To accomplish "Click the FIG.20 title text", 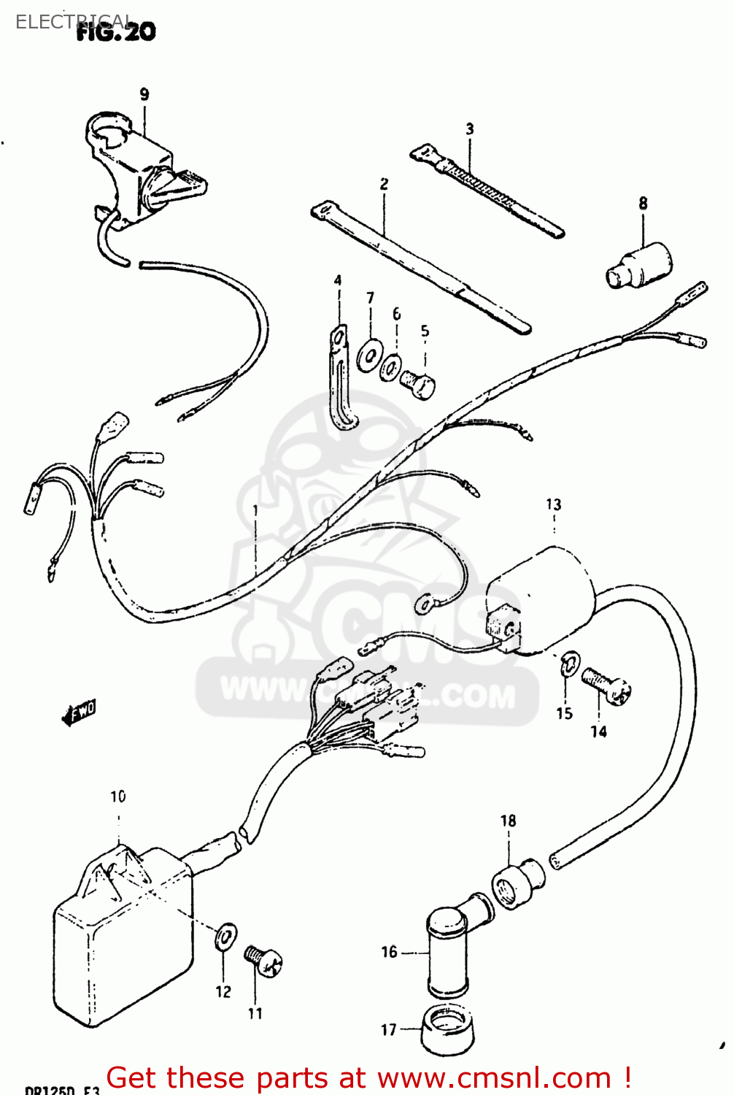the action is (x=117, y=32).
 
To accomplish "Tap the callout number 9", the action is (x=144, y=94).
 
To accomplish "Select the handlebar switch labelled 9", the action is (x=139, y=168).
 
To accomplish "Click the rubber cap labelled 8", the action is (x=641, y=266).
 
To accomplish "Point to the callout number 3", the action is (x=470, y=129).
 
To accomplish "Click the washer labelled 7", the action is (x=368, y=357).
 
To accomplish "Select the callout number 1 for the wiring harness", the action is (x=255, y=510).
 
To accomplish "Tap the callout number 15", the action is (x=565, y=713).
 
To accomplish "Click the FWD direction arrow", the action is (x=79, y=712).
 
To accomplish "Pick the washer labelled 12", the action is (x=226, y=937).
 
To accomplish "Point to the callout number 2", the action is (x=384, y=185).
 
